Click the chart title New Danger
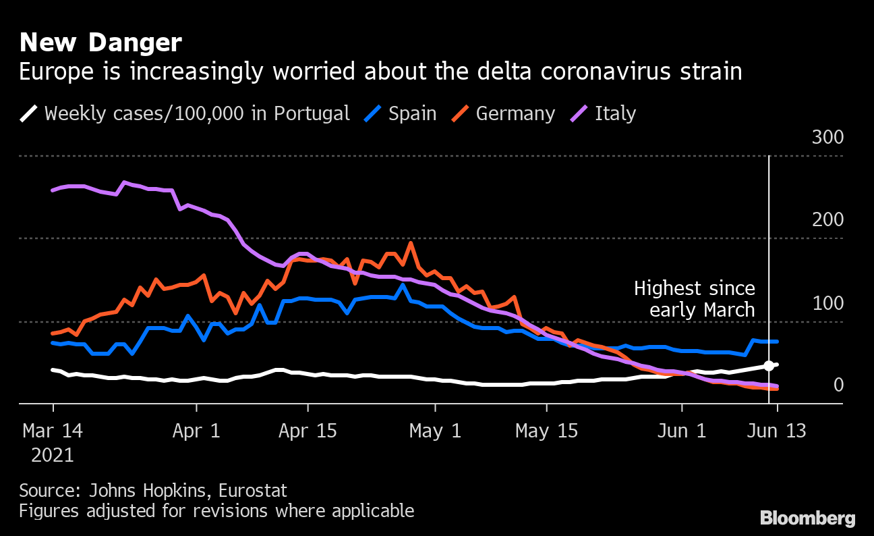point(100,43)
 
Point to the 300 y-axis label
point(827,138)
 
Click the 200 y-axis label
point(827,220)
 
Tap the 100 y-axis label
point(827,303)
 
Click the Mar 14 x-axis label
point(53,431)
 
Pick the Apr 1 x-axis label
point(196,431)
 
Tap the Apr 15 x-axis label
point(308,431)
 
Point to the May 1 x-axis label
point(436,431)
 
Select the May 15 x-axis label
point(547,431)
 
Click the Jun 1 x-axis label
point(682,431)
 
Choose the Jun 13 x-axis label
point(777,431)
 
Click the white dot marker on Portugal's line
point(769,366)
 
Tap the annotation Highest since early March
point(694,299)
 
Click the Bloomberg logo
point(807,518)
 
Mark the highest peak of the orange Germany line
point(411,243)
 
